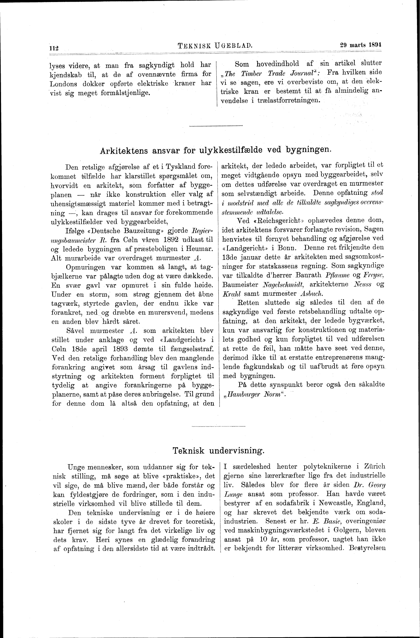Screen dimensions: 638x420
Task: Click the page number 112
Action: coord(54,48)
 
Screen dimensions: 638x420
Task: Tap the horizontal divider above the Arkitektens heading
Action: coord(216,126)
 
